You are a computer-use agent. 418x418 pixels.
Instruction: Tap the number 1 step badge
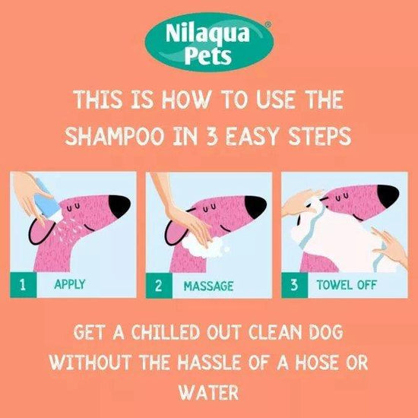(x=24, y=286)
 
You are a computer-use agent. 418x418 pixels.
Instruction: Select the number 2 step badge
(x=159, y=286)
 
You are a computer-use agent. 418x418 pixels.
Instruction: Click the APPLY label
(x=69, y=286)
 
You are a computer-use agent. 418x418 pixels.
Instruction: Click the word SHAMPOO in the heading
(x=113, y=136)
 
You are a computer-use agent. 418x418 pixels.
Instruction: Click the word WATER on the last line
(x=208, y=392)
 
